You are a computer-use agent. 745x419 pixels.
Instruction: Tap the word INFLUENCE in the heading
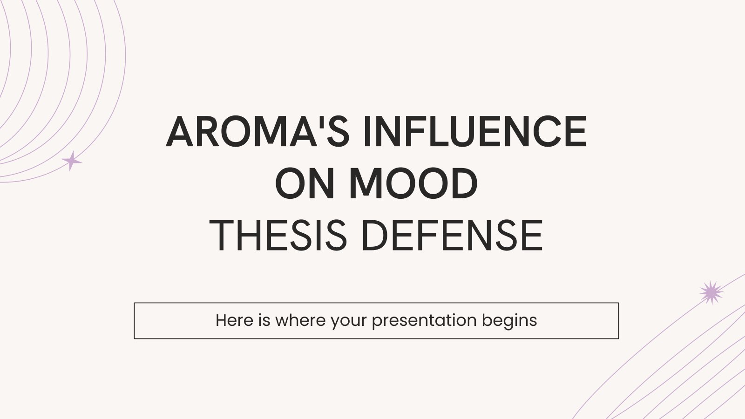pos(475,131)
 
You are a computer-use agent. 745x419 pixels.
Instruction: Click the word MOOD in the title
pos(413,183)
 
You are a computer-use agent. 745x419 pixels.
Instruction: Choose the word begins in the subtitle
pos(509,322)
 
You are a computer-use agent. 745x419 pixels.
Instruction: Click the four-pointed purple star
pos(71,161)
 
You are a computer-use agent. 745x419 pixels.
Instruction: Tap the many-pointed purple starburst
pos(711,293)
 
